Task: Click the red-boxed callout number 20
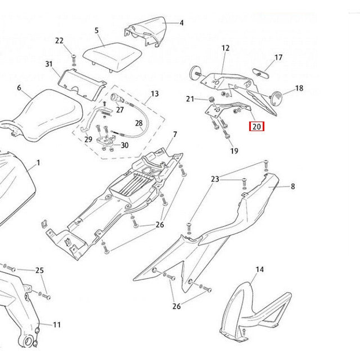[256, 127]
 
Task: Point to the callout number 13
[155, 93]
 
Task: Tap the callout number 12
[226, 48]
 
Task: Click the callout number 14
[259, 270]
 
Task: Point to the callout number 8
[292, 186]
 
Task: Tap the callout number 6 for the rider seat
[19, 88]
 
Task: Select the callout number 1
[38, 163]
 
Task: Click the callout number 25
[39, 271]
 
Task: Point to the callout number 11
[57, 325]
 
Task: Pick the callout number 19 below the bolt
[234, 151]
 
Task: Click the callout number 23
[215, 179]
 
